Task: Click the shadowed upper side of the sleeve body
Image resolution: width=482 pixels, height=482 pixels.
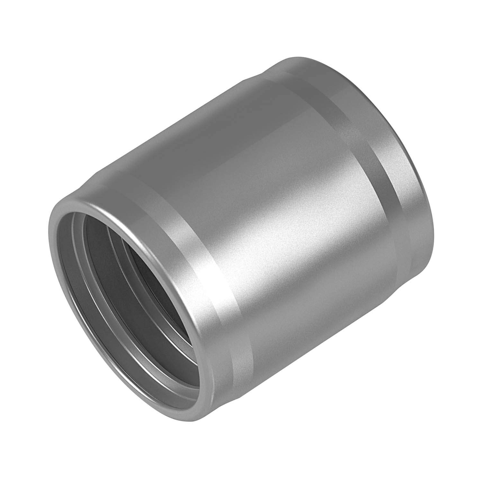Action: (x=193, y=135)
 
